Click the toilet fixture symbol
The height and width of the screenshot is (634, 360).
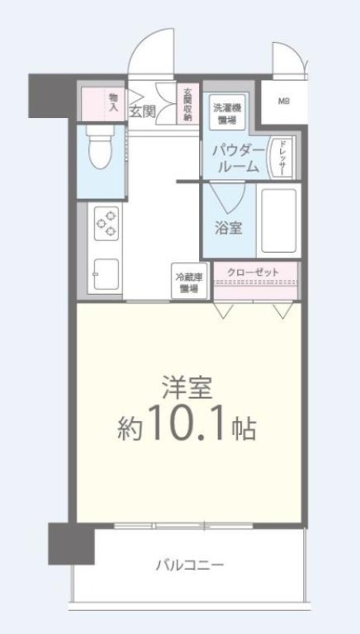[x=100, y=151]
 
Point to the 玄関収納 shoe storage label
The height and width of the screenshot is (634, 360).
[x=187, y=104]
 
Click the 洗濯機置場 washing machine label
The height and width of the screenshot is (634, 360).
[x=227, y=113]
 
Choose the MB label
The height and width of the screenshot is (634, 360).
[x=284, y=101]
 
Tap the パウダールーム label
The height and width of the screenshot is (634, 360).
[x=236, y=158]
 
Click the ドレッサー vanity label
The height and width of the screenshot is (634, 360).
[x=281, y=156]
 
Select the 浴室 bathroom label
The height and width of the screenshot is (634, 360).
[x=228, y=227]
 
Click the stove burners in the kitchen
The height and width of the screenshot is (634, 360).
[x=105, y=222]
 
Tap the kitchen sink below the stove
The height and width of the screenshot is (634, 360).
[x=105, y=275]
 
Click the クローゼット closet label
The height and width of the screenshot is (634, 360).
[x=254, y=273]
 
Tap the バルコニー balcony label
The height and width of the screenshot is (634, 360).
[x=189, y=565]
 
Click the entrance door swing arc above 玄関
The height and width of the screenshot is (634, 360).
[x=151, y=55]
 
